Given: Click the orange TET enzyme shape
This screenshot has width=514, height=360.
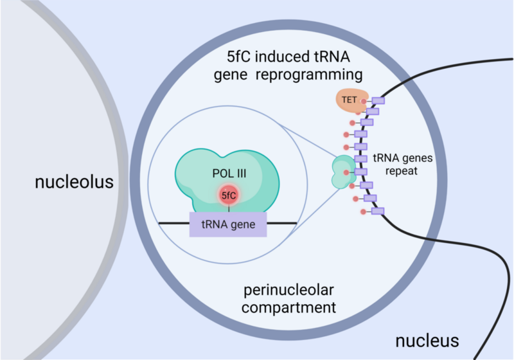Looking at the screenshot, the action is pyautogui.click(x=349, y=100).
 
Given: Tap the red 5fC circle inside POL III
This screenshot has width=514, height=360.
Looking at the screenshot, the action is pyautogui.click(x=229, y=195).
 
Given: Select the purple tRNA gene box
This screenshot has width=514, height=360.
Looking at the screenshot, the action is pyautogui.click(x=228, y=224).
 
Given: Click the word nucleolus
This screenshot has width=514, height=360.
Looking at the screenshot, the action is pyautogui.click(x=74, y=182).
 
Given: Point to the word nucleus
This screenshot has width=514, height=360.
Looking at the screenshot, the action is pyautogui.click(x=427, y=341).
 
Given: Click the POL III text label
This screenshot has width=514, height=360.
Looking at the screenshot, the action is pyautogui.click(x=229, y=174).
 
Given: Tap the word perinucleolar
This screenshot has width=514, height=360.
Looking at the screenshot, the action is pyautogui.click(x=288, y=290).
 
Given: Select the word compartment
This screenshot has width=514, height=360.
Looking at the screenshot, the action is pyautogui.click(x=288, y=307).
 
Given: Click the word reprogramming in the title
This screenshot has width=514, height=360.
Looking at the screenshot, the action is pyautogui.click(x=309, y=75).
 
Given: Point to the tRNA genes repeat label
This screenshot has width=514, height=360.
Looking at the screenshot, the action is pyautogui.click(x=403, y=165).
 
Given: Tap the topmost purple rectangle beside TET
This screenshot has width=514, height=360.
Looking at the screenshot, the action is pyautogui.click(x=378, y=101).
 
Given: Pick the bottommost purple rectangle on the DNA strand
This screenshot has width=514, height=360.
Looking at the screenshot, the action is pyautogui.click(x=378, y=211).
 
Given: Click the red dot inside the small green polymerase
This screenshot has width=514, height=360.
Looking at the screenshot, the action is pyautogui.click(x=346, y=172).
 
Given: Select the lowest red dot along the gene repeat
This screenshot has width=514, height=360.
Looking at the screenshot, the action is pyautogui.click(x=363, y=212).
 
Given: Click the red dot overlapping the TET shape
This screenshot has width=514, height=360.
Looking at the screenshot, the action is pyautogui.click(x=364, y=102).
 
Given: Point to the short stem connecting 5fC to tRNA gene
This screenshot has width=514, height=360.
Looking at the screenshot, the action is pyautogui.click(x=229, y=208).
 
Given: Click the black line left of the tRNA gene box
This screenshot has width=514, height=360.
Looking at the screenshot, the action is pyautogui.click(x=174, y=223).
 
